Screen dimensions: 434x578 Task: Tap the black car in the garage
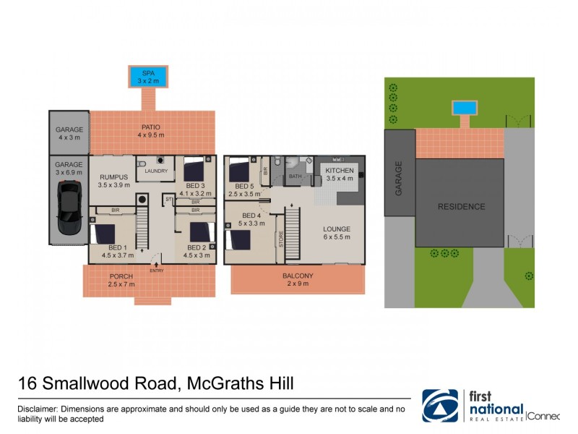pos(69,208)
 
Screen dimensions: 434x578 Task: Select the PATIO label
pos(151,127)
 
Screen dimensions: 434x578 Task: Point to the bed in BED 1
pos(103,235)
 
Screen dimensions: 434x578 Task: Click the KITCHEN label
pos(340,171)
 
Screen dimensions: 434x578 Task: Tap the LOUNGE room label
pos(336,228)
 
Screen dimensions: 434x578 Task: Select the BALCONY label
pos(298,276)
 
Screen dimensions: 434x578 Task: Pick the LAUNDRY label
pos(157,171)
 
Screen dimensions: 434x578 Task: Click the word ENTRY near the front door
pos(157,271)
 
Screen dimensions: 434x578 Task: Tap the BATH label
pos(296,176)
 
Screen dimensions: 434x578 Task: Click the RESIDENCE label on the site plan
pos(462,207)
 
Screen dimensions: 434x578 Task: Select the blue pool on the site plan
pos(464,108)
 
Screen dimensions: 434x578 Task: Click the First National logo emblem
pos(440,406)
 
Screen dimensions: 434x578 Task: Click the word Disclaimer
pos(38,409)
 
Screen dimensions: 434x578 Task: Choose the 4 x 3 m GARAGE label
pos(69,134)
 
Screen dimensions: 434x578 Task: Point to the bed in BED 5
pos(238,172)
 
